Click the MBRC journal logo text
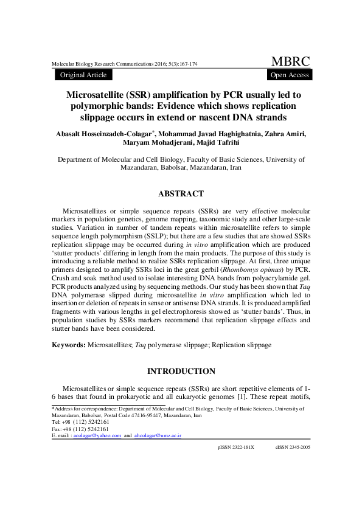[290, 61]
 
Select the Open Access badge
[290, 75]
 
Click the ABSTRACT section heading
[181, 194]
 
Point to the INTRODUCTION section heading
[181, 371]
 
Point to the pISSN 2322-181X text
[235, 463]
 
